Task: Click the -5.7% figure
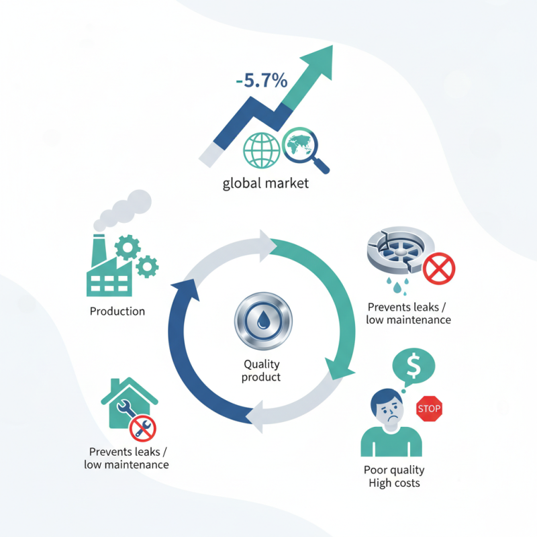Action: [x=262, y=81]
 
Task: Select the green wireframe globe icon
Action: [x=262, y=150]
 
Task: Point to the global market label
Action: [x=266, y=183]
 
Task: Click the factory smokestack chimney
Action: [x=99, y=250]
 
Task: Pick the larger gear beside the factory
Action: [x=128, y=248]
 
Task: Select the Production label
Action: [x=117, y=311]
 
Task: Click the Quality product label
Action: [x=261, y=371]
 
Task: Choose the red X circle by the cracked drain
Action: [x=439, y=268]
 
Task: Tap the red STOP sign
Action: [x=429, y=409]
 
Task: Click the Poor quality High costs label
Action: [x=394, y=477]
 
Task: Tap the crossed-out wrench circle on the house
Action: [x=143, y=428]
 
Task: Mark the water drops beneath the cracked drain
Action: [x=397, y=286]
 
